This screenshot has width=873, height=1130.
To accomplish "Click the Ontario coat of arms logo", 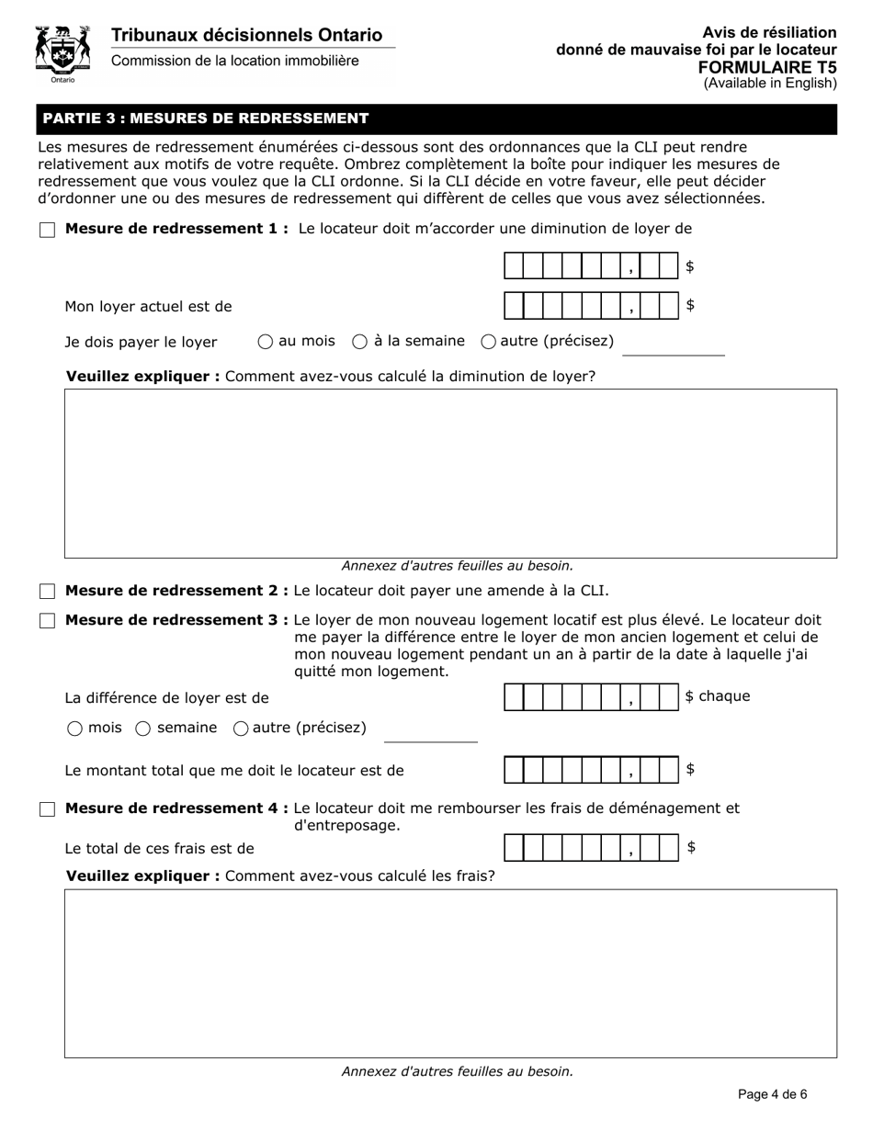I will coord(62,53).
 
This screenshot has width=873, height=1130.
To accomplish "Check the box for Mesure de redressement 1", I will coord(48,230).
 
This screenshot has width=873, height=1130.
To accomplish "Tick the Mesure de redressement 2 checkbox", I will coord(48,591).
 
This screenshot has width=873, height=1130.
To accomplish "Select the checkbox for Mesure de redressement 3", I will coord(48,621).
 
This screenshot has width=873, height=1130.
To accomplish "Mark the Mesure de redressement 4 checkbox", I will coord(48,809).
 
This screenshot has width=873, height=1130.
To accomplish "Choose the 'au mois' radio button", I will coord(266,342).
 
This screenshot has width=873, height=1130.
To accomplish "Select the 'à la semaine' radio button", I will coord(360,342).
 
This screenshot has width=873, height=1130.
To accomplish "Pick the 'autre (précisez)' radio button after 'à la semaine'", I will coord(489,342).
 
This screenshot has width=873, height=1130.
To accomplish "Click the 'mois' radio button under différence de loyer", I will coord(74,729).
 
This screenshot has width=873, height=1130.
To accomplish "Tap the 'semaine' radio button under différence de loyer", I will coord(143,729).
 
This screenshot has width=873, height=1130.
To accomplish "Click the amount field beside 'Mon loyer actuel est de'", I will coord(591,306).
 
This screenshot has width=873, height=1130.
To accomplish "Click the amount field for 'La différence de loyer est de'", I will coord(591,697).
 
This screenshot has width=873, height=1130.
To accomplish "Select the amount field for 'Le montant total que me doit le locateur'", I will coord(591,770).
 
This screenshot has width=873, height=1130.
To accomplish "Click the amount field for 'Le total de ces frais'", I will coord(591,848).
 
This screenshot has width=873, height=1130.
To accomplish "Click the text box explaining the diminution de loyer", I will coord(450,473).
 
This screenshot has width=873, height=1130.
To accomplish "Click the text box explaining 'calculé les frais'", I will coord(450,973).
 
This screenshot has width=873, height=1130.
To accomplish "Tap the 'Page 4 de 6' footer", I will coord(772,1094).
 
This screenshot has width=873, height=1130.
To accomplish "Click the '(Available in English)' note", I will coord(770,84).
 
